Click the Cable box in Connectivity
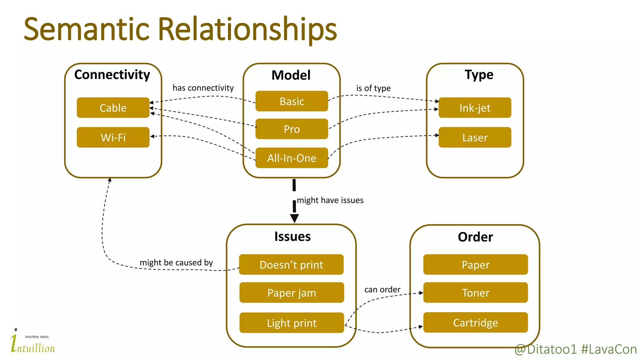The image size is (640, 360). [113, 108]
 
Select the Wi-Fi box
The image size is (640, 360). [113, 137]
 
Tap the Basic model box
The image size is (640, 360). [292, 101]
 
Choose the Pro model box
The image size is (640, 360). [292, 129]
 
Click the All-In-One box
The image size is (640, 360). [292, 158]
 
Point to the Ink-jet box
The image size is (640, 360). [475, 108]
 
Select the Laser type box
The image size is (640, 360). [475, 137]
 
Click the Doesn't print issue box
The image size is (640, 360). [291, 265]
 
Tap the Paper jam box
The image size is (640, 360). [292, 293]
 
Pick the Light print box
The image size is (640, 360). [292, 323]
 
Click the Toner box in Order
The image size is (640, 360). [475, 293]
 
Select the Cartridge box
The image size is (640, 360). [475, 322]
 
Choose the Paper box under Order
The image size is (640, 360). [475, 265]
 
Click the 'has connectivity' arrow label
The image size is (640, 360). [203, 88]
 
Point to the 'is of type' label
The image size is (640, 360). [373, 88]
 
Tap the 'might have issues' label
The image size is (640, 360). [330, 200]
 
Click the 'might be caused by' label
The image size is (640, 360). [176, 262]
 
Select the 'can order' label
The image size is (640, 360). [382, 289]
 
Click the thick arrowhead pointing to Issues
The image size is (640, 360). [294, 218]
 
